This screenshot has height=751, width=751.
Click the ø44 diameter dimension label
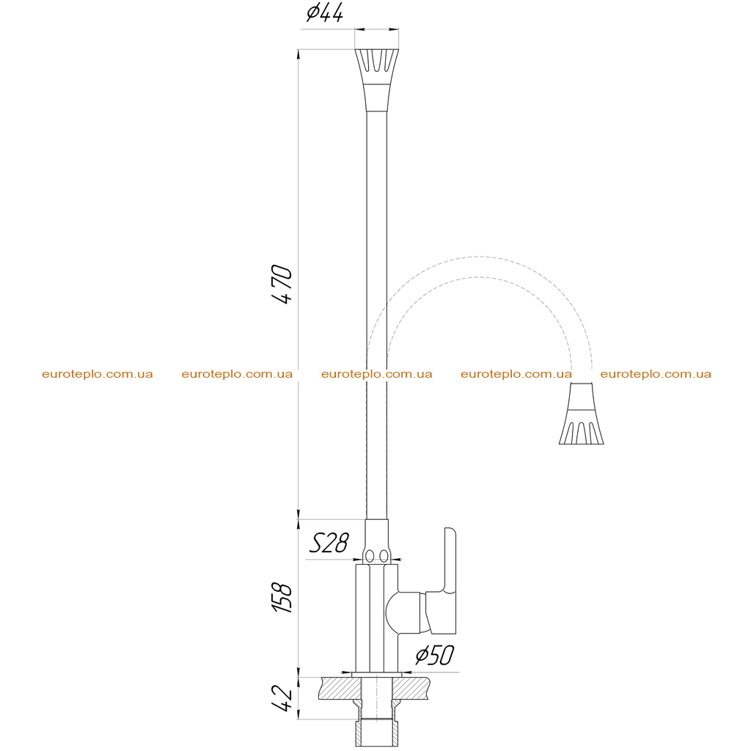(x=325, y=13)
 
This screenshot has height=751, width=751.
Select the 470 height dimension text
(x=282, y=284)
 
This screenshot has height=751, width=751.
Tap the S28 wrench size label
(x=329, y=543)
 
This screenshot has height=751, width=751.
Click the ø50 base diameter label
(x=435, y=655)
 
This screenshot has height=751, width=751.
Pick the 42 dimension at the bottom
(x=282, y=698)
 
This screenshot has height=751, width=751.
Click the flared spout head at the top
(x=377, y=80)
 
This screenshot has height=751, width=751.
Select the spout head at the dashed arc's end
(x=582, y=414)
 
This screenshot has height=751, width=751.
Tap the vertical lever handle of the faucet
(x=450, y=581)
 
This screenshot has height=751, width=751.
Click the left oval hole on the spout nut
(x=370, y=556)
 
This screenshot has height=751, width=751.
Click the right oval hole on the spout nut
(x=384, y=556)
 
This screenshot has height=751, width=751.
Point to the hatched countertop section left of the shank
(x=340, y=688)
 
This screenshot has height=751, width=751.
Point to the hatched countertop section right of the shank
(x=411, y=688)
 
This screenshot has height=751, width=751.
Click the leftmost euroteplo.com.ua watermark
(x=98, y=374)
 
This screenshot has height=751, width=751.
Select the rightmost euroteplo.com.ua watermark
(x=656, y=374)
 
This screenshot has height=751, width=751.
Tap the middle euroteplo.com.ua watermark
(x=377, y=374)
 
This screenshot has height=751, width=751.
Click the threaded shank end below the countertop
(x=377, y=733)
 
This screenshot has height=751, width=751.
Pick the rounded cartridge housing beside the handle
(x=403, y=612)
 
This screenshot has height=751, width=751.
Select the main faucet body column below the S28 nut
(x=377, y=618)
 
